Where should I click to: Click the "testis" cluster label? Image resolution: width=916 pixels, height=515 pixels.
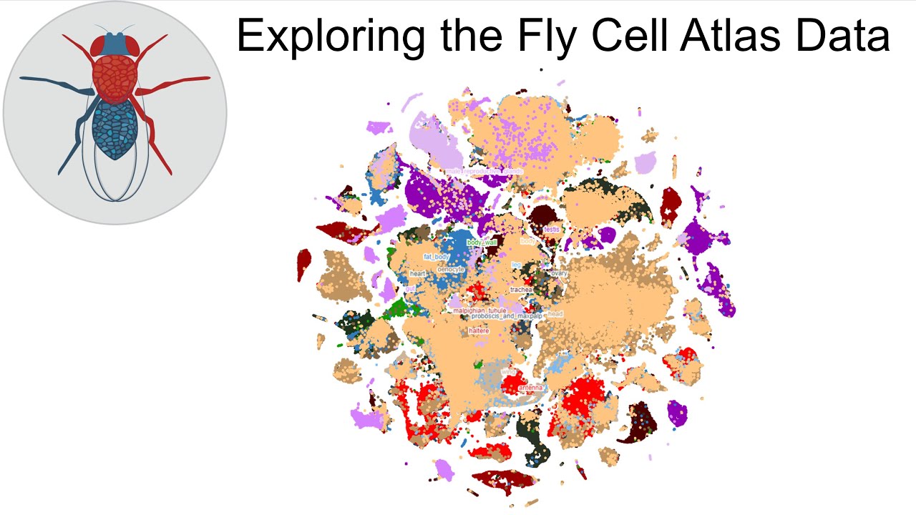551,230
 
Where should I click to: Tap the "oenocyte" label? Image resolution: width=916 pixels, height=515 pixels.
451,269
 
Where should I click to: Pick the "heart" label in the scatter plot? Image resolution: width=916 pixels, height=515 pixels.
418,274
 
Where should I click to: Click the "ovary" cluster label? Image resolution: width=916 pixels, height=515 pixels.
559,273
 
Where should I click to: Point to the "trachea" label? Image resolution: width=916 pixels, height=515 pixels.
521,290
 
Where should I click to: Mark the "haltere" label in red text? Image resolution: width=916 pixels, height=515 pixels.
479,330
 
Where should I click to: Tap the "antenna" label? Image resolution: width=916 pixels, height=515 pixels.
530,388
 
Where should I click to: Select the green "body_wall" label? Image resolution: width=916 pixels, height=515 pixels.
482,242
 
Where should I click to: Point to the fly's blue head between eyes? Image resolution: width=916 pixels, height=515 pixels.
114,44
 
